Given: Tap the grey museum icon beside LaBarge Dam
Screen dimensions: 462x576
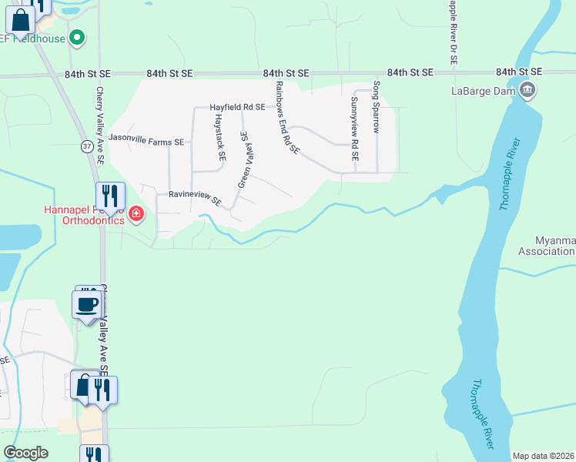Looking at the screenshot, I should (x=527, y=90).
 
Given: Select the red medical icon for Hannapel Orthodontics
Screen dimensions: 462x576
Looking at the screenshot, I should (x=136, y=213).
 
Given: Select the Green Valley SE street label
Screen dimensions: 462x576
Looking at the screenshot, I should (x=246, y=159).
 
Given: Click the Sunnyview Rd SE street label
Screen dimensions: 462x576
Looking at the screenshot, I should (x=354, y=128).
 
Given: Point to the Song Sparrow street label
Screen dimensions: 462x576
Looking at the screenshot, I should (x=377, y=107).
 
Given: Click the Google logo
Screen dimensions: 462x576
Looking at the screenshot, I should (x=25, y=453).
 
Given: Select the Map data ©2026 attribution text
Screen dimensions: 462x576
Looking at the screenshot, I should (x=544, y=456).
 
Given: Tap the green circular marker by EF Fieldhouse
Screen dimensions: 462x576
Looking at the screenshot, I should (x=77, y=37).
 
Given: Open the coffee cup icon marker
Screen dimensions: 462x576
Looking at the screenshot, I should (x=86, y=302).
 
